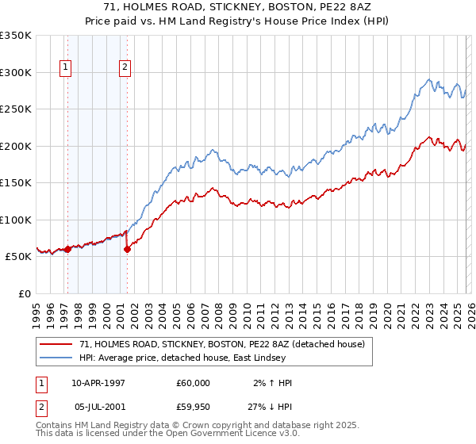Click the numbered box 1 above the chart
point(64,68)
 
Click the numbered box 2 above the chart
point(125,68)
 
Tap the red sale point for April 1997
point(67,249)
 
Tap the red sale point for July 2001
point(127,249)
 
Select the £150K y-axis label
point(16,182)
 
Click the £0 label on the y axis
point(24,293)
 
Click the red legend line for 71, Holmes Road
point(56,344)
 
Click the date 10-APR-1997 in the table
point(98,383)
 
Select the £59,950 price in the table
point(194,406)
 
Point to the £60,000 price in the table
point(194,383)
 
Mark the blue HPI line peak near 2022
point(429,79)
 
